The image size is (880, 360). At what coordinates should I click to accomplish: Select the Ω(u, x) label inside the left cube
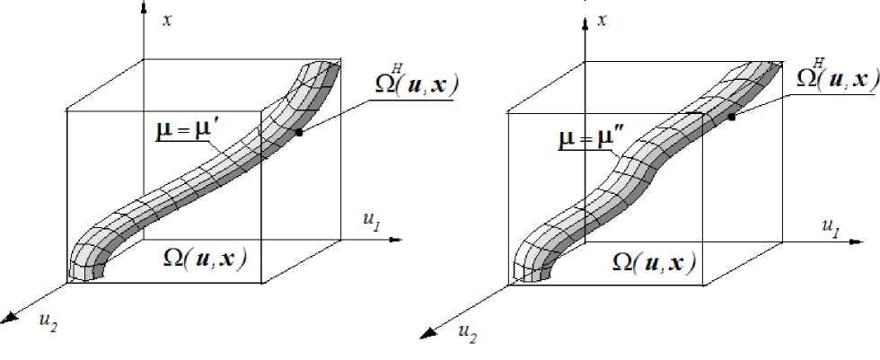point(205,258)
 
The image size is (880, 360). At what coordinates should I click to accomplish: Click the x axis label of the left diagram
point(167,20)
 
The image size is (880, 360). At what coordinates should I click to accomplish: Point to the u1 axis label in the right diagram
point(830,224)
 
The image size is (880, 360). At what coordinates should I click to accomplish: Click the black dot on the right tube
point(732,117)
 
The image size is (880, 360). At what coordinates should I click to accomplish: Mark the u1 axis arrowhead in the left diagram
point(404,240)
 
